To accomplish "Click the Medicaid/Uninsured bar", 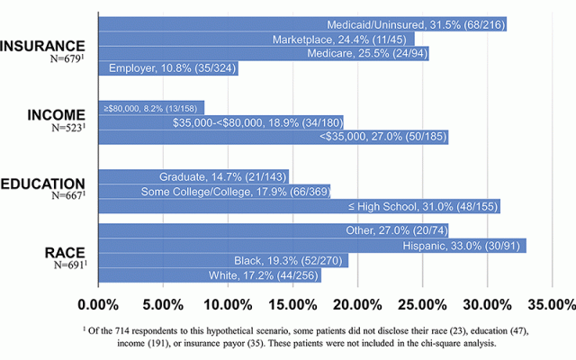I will click(x=301, y=24).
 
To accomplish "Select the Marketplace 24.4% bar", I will click(x=256, y=39).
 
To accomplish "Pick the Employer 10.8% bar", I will click(x=167, y=67).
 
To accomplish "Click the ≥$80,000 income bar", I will click(x=150, y=108).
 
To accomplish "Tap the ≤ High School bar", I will click(x=298, y=206).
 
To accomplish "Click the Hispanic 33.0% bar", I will click(x=311, y=246).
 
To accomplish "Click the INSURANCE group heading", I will click(x=43, y=46).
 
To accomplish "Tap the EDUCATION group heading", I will click(x=43, y=184).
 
